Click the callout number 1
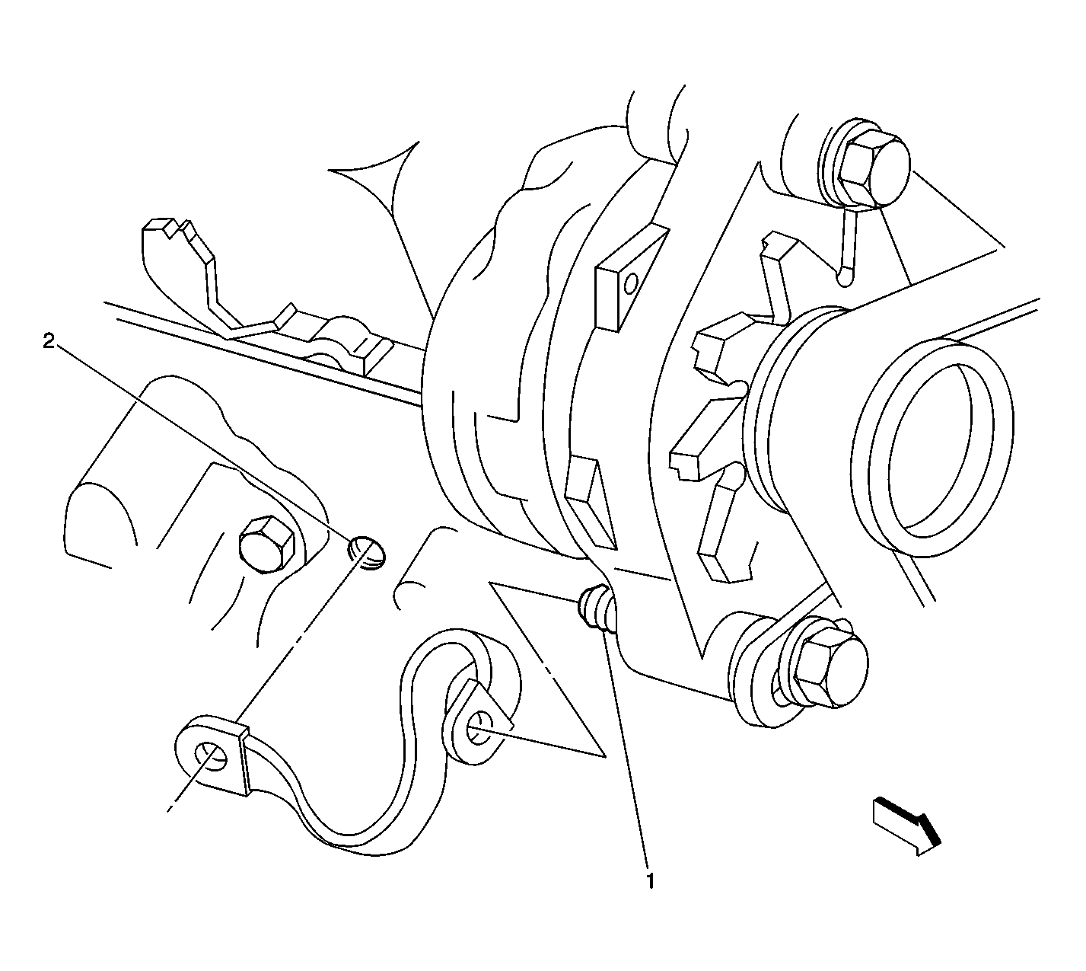[650, 880]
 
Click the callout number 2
[49, 340]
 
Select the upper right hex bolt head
[873, 167]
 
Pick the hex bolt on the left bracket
[267, 544]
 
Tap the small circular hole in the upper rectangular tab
[632, 283]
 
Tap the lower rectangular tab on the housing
[590, 503]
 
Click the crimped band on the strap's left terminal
[243, 761]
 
